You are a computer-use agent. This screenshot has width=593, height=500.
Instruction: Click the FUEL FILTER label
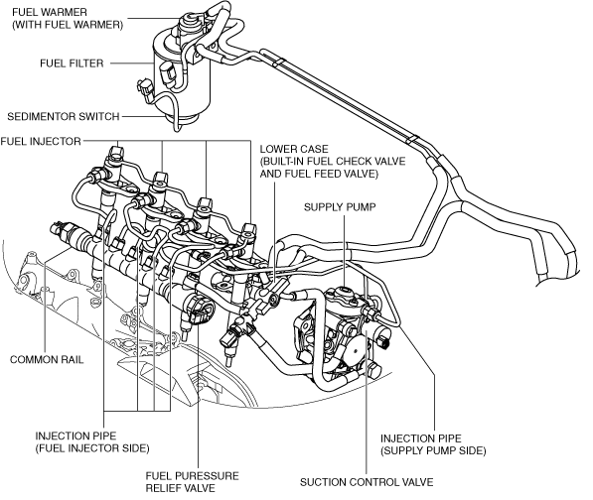(x=72, y=63)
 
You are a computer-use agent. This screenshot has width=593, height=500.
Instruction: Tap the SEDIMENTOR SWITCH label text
(x=64, y=116)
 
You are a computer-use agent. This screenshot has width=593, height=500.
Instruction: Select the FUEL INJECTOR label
(x=41, y=141)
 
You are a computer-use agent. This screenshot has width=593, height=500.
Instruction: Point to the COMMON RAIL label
(x=47, y=359)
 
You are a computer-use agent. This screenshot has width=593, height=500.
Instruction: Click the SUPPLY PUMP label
(x=340, y=207)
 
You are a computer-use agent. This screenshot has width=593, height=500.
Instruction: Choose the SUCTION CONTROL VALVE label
(x=367, y=482)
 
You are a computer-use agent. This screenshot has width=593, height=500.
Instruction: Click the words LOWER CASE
(x=294, y=149)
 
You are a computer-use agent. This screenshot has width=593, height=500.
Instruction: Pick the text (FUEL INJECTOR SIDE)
(x=92, y=448)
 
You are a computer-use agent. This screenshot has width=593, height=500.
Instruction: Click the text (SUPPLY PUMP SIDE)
(x=433, y=451)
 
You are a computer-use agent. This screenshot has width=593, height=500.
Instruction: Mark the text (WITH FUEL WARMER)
(x=68, y=25)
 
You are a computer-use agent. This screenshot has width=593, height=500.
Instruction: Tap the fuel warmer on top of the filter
(x=188, y=22)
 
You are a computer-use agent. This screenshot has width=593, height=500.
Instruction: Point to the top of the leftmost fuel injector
(x=116, y=152)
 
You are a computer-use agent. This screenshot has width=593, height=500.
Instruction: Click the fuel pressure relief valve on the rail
(x=199, y=310)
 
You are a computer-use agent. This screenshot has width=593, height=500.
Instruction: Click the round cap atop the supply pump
(x=344, y=291)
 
